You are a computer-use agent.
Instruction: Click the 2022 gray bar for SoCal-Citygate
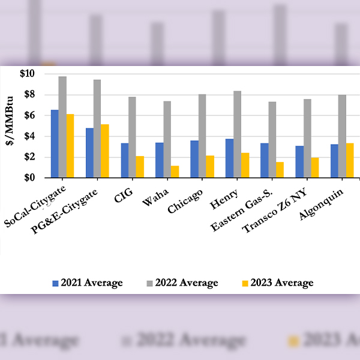(62, 127)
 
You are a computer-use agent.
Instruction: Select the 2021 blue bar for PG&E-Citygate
(89, 152)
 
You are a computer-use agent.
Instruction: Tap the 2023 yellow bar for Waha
(175, 172)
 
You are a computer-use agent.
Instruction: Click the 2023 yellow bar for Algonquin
(349, 160)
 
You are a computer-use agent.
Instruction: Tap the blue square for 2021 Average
(55, 283)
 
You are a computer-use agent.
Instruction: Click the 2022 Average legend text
(187, 283)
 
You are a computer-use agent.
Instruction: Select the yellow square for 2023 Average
(244, 283)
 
